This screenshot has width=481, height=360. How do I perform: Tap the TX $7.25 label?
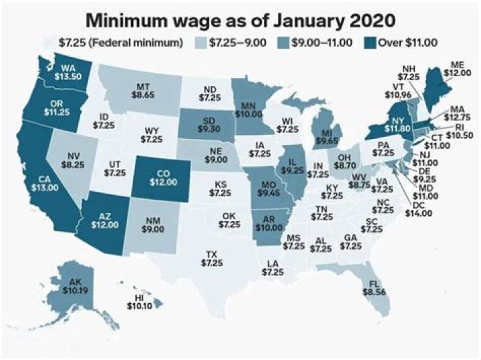tap(213, 258)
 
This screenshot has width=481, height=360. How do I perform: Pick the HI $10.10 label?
tap(140, 301)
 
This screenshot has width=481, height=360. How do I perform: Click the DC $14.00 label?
tap(420, 210)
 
